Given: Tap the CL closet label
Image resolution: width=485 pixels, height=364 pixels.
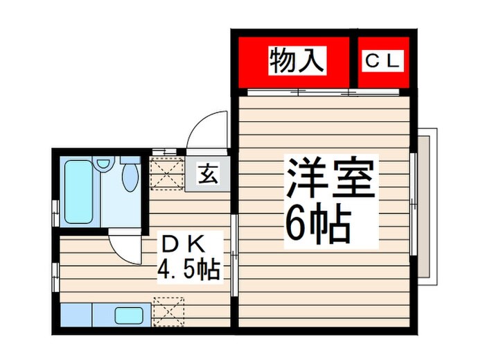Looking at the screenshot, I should (382, 62).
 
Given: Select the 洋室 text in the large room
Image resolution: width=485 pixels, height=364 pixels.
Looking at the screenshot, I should (329, 178).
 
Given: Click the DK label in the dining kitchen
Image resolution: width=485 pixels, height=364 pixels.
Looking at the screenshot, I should (181, 245).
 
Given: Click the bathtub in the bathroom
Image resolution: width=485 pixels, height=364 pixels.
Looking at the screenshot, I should (78, 191).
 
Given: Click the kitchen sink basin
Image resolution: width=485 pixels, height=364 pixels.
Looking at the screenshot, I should (130, 316).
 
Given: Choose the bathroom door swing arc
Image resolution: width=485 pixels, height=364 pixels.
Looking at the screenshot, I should (123, 246).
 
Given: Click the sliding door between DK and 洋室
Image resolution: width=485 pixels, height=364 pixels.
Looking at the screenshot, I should (235, 236).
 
